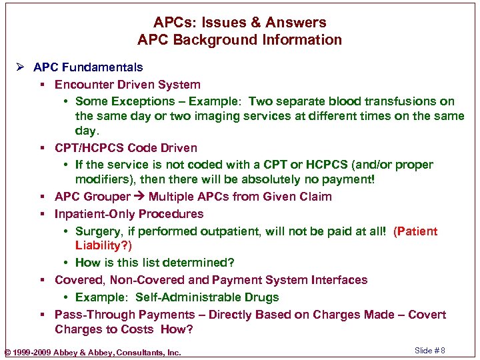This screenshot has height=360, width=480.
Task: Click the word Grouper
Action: pyautogui.click(x=105, y=197)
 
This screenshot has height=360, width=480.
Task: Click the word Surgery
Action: pyautogui.click(x=98, y=231)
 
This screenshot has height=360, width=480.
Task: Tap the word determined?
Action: pyautogui.click(x=203, y=263)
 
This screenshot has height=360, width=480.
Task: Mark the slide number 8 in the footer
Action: pyautogui.click(x=442, y=351)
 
